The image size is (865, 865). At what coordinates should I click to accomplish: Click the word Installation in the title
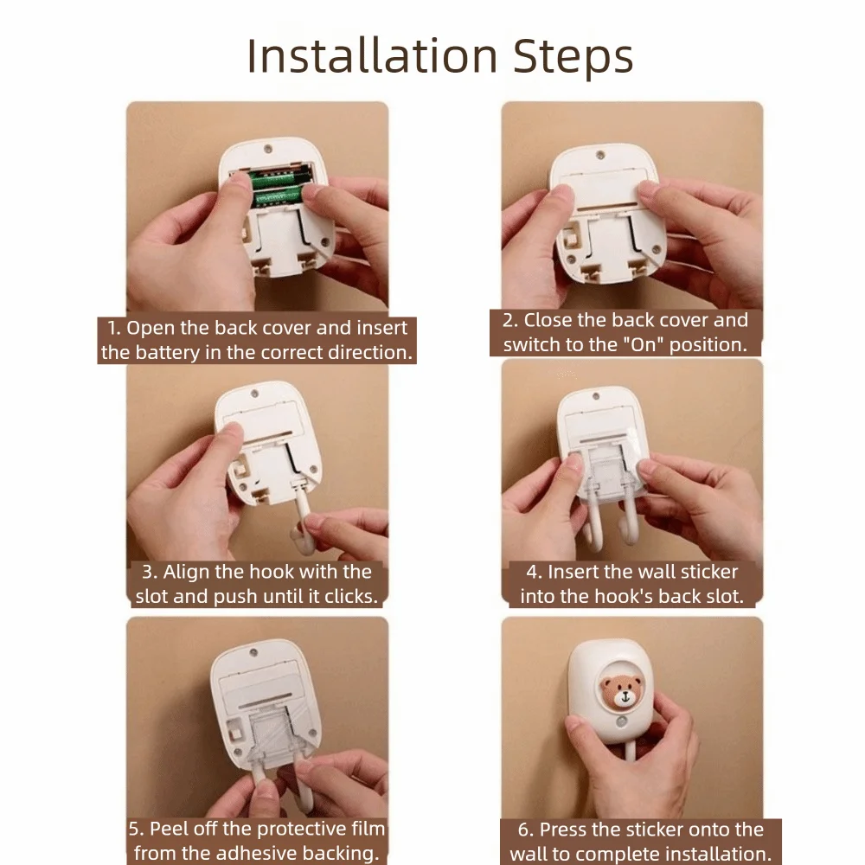(x=372, y=55)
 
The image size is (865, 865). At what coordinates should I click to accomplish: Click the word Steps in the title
(x=573, y=57)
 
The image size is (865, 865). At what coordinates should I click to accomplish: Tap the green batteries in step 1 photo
(x=277, y=188)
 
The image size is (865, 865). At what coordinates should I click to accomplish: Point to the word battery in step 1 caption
(x=167, y=353)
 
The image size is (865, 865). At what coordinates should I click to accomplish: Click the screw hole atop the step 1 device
(x=268, y=149)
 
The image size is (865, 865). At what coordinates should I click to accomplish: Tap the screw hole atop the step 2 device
(x=601, y=156)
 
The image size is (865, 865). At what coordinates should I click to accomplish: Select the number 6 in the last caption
(x=523, y=830)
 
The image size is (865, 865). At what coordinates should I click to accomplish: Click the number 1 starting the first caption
(x=112, y=328)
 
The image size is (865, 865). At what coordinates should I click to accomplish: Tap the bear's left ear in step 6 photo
(x=608, y=684)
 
